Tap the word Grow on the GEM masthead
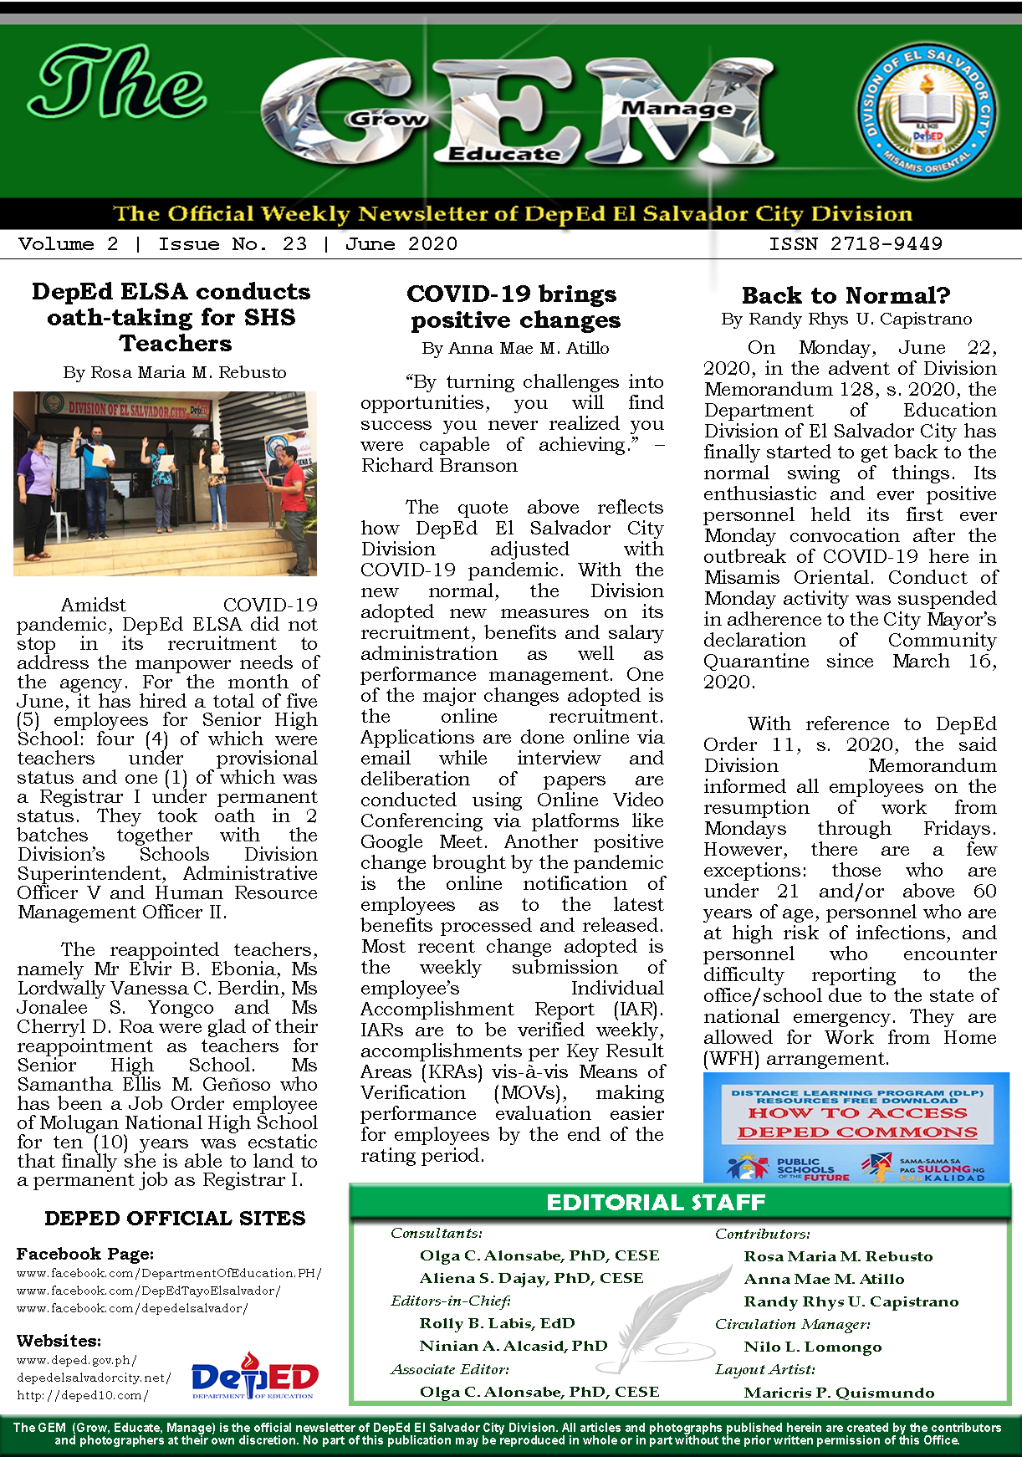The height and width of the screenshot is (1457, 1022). tap(386, 119)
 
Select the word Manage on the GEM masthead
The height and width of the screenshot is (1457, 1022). tap(677, 108)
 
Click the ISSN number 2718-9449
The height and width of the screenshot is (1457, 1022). tap(856, 244)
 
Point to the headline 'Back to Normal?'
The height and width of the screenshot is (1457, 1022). tap(846, 295)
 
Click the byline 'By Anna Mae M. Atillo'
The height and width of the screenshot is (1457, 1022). tap(515, 348)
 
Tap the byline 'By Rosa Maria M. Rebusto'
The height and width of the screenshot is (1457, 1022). tap(175, 372)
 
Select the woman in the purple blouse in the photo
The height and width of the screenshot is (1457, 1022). tap(38, 493)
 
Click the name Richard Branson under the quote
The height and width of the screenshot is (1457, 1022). tap(439, 466)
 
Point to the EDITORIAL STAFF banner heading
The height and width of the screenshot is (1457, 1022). tap(656, 1203)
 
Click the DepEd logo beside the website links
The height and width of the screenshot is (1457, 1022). tap(254, 1377)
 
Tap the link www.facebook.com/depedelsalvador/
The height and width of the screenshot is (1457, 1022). tap(132, 1308)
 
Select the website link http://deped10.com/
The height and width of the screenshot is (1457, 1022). tap(83, 1395)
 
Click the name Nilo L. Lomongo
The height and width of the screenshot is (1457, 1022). tap(812, 1347)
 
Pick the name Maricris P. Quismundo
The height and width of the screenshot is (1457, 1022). tap(839, 1393)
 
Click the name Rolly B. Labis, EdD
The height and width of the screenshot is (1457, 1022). tap(497, 1323)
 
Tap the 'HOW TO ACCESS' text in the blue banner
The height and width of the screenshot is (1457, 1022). tap(856, 1113)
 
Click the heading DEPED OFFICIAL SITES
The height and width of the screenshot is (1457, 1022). tap(175, 1219)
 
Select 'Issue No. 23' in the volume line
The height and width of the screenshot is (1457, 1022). tap(233, 244)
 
